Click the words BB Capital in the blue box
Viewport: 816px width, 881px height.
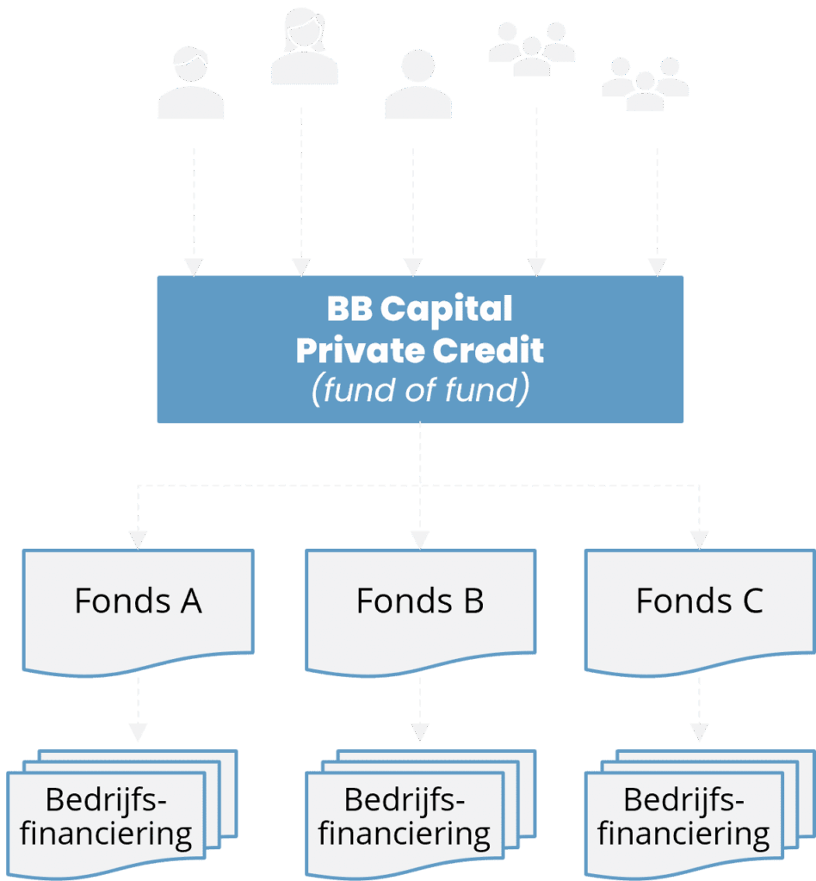(x=419, y=309)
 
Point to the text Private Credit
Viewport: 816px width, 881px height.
(x=419, y=350)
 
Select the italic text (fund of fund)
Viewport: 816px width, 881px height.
(x=419, y=391)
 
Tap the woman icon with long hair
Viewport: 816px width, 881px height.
(x=303, y=48)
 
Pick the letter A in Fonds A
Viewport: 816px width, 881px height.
(x=190, y=601)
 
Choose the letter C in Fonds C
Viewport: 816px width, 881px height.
(x=751, y=601)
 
